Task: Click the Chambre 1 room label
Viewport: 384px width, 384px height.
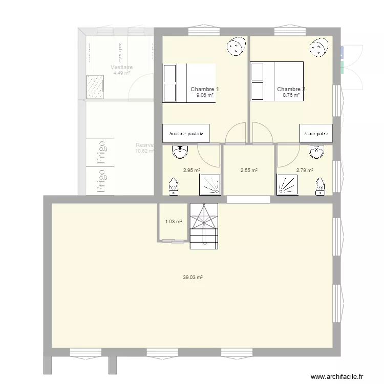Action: [204, 89]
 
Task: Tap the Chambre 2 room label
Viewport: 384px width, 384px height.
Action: [291, 89]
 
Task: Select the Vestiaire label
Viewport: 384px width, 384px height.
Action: [121, 67]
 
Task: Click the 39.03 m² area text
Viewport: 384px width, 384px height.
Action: [193, 278]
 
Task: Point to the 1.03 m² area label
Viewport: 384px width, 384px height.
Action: [173, 222]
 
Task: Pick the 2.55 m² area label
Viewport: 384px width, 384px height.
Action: [248, 171]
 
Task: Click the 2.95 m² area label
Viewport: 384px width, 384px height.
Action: [191, 171]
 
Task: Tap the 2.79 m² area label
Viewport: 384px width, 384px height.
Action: [304, 171]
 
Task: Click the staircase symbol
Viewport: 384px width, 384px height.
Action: [204, 225]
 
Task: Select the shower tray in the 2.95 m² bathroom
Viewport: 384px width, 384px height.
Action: [209, 184]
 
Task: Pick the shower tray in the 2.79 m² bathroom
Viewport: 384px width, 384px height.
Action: [288, 184]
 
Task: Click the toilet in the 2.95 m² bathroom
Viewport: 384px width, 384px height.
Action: [174, 187]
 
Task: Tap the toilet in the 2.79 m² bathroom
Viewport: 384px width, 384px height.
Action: [321, 187]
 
